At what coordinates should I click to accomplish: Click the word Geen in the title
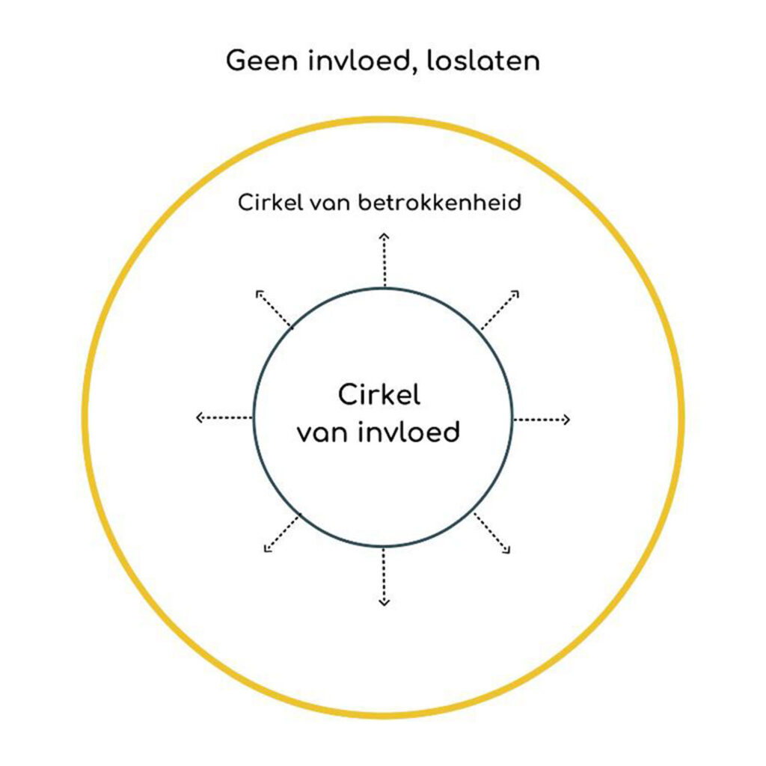point(260,61)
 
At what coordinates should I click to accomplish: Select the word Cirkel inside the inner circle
point(379,395)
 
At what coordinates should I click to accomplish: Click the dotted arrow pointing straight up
point(384,260)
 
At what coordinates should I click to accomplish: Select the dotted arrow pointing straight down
point(384,576)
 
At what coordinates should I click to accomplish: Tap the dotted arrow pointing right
point(542,419)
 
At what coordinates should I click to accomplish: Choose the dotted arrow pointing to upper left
point(274,308)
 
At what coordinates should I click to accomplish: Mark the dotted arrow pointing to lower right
point(492,533)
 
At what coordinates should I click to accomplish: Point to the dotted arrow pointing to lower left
point(282,533)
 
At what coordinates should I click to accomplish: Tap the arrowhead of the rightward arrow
point(567,419)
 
